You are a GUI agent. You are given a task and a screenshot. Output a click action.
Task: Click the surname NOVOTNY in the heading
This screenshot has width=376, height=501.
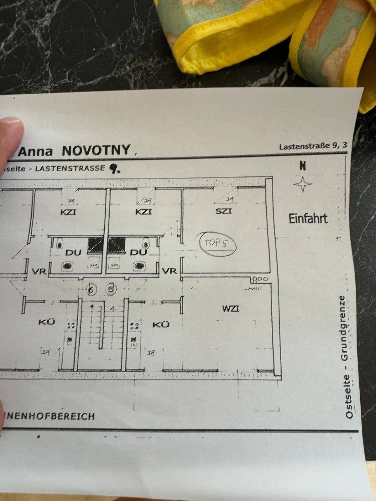[x=96, y=150]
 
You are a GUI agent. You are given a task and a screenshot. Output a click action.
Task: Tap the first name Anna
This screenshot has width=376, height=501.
[x=35, y=152]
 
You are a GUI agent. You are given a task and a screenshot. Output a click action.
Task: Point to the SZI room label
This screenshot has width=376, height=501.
[x=224, y=211]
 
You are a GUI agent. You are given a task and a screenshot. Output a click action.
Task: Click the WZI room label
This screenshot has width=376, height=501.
[x=231, y=309]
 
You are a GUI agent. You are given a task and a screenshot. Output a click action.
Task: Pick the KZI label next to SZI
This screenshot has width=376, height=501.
[x=144, y=212]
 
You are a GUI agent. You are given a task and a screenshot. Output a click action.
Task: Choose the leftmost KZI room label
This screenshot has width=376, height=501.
[x=68, y=212]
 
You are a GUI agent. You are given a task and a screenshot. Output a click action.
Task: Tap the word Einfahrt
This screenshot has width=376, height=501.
[x=308, y=219]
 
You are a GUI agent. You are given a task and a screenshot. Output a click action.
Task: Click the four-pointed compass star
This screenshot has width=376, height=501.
[x=303, y=184]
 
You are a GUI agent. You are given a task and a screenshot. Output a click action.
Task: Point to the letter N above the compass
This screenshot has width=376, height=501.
[x=303, y=166]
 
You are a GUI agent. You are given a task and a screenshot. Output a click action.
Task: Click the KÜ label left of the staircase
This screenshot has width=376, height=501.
[x=47, y=322]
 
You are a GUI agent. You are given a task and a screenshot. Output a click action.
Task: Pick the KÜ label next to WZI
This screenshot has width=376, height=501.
[x=161, y=324]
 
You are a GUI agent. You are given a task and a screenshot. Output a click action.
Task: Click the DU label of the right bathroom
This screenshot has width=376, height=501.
[x=138, y=252]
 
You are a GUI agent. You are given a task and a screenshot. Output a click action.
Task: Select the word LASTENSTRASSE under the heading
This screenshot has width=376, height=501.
[x=70, y=168]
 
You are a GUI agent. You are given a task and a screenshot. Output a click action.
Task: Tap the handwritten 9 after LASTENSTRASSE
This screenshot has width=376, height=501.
[x=112, y=169]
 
